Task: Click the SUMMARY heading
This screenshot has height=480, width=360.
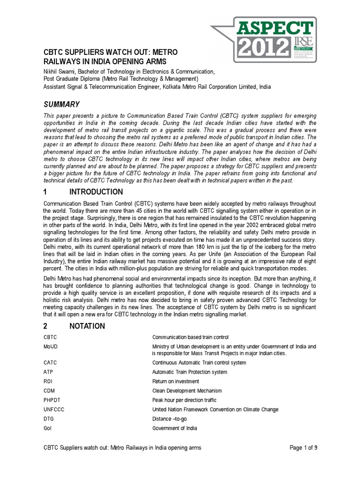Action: pyautogui.click(x=61, y=104)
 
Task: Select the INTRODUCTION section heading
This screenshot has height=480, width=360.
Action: pyautogui.click(x=96, y=192)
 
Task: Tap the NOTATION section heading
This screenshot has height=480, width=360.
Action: pyautogui.click(x=87, y=326)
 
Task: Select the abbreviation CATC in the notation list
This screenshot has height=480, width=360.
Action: pyautogui.click(x=50, y=362)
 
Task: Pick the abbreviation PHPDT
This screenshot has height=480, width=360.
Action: pyautogui.click(x=52, y=400)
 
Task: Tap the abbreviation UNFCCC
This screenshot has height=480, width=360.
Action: pyautogui.click(x=53, y=409)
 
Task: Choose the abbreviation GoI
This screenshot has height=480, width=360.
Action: pyautogui.click(x=47, y=428)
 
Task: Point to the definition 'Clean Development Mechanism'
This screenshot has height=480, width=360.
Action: pyautogui.click(x=187, y=390)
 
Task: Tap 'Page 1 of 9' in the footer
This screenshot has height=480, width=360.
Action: pyautogui.click(x=304, y=448)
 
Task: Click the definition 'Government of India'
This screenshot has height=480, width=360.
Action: pyautogui.click(x=175, y=428)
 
